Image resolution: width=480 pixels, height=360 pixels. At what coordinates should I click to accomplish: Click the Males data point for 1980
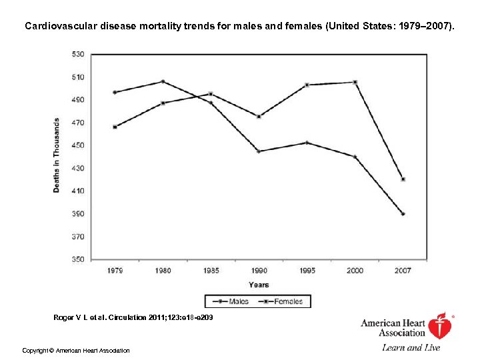point(163,81)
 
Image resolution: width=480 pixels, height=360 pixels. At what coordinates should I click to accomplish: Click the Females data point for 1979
point(115,127)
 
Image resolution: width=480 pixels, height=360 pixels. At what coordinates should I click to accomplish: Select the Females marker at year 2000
point(355,82)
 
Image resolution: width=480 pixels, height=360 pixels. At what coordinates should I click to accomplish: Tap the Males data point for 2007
point(403,214)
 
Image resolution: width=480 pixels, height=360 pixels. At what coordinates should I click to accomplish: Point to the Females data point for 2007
point(403,179)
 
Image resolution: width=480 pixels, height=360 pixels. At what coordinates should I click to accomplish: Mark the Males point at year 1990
point(259,151)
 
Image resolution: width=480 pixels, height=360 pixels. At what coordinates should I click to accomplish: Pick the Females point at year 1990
point(259,116)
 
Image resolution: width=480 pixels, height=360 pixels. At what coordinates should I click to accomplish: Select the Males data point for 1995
point(307,143)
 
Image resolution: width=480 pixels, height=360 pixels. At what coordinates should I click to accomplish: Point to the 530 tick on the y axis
point(78,54)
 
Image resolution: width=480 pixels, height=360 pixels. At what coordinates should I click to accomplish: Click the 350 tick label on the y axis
point(78,259)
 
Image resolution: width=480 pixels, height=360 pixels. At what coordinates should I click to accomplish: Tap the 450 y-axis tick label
point(78,145)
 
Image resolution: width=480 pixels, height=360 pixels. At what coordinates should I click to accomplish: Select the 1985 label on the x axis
point(211,271)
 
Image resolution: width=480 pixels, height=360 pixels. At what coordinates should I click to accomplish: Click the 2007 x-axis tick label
point(403,271)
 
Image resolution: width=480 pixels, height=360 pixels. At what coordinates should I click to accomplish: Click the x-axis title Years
point(259,285)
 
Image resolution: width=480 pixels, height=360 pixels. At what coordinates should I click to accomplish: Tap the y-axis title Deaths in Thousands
point(57,155)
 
